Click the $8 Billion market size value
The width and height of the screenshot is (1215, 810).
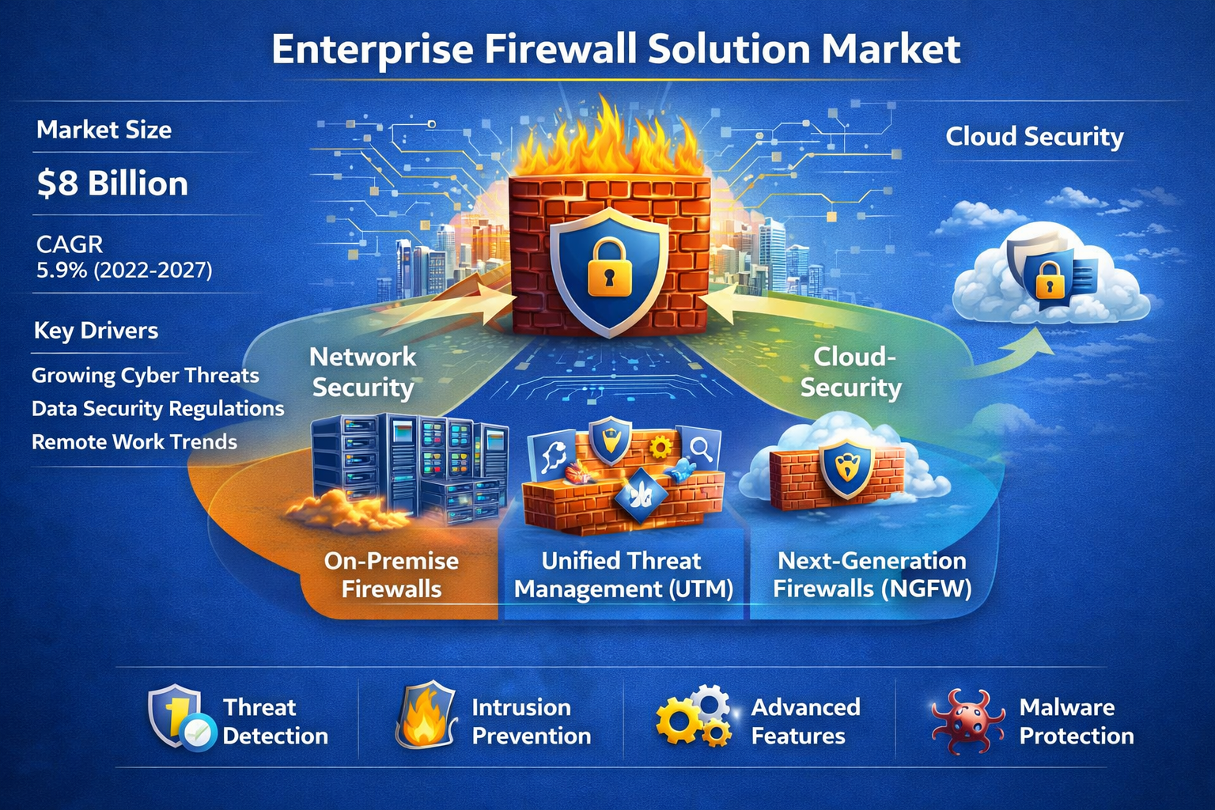(112, 184)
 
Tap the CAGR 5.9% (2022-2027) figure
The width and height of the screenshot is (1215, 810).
(124, 271)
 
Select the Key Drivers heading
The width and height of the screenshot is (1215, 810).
(96, 331)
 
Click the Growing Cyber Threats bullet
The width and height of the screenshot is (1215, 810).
(146, 376)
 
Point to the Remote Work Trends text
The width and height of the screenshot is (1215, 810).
(134, 442)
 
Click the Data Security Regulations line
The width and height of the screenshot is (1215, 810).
(158, 409)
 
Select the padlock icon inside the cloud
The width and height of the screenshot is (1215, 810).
(1050, 278)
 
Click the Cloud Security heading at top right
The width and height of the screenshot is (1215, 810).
(1035, 137)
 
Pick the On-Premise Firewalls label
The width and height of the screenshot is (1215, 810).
(392, 575)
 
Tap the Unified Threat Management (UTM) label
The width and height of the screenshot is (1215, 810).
(623, 575)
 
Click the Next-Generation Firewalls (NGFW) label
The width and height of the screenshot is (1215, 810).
(872, 575)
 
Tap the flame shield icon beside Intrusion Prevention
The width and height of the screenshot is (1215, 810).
(426, 716)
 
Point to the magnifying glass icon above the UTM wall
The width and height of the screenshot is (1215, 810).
(700, 449)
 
